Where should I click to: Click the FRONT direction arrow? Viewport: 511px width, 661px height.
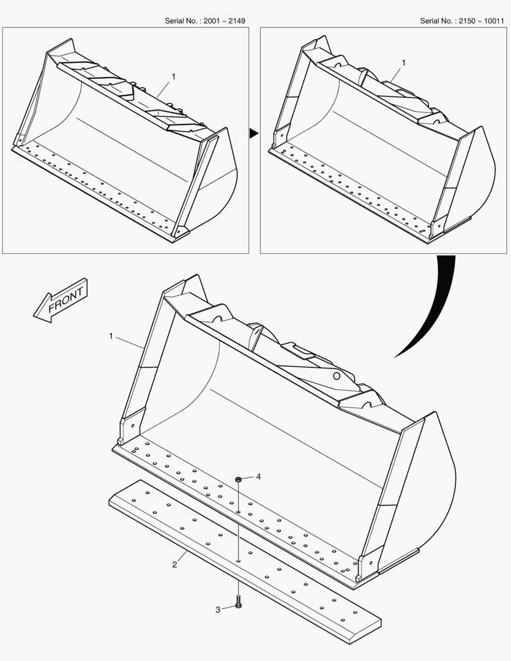pos(61,300)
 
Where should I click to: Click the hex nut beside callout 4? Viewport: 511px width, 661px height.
pos(238,479)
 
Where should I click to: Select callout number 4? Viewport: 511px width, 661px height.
pos(258,476)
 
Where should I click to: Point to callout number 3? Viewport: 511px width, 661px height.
pos(217,610)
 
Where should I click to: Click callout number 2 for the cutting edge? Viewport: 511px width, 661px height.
pos(174,564)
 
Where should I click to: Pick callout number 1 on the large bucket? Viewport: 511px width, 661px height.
pos(111,336)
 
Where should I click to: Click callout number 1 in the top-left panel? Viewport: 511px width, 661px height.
pos(173,77)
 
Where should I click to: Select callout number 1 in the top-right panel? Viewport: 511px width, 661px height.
pos(403,63)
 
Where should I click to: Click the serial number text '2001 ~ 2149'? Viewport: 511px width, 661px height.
pos(225,21)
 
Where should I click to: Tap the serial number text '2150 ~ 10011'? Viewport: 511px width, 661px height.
pos(482,21)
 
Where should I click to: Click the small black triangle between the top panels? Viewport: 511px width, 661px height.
pos(253,133)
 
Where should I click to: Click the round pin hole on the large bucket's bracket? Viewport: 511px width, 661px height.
pos(337,376)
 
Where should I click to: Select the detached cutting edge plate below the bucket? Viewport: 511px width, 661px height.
pos(245,561)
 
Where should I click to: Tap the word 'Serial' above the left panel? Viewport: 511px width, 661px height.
pos(175,21)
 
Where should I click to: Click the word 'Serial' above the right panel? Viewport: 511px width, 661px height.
pos(430,21)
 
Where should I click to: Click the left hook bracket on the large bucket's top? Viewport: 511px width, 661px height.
pos(209,315)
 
